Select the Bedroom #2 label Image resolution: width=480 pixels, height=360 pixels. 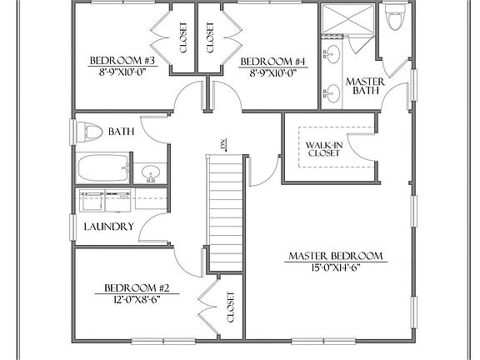click(x=132, y=287)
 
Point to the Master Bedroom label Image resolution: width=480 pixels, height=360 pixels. click(x=336, y=255)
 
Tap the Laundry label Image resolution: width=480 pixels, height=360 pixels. click(x=108, y=226)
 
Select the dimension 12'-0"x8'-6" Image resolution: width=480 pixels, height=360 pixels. click(x=132, y=298)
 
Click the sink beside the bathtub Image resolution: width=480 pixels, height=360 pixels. click(x=151, y=173)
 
